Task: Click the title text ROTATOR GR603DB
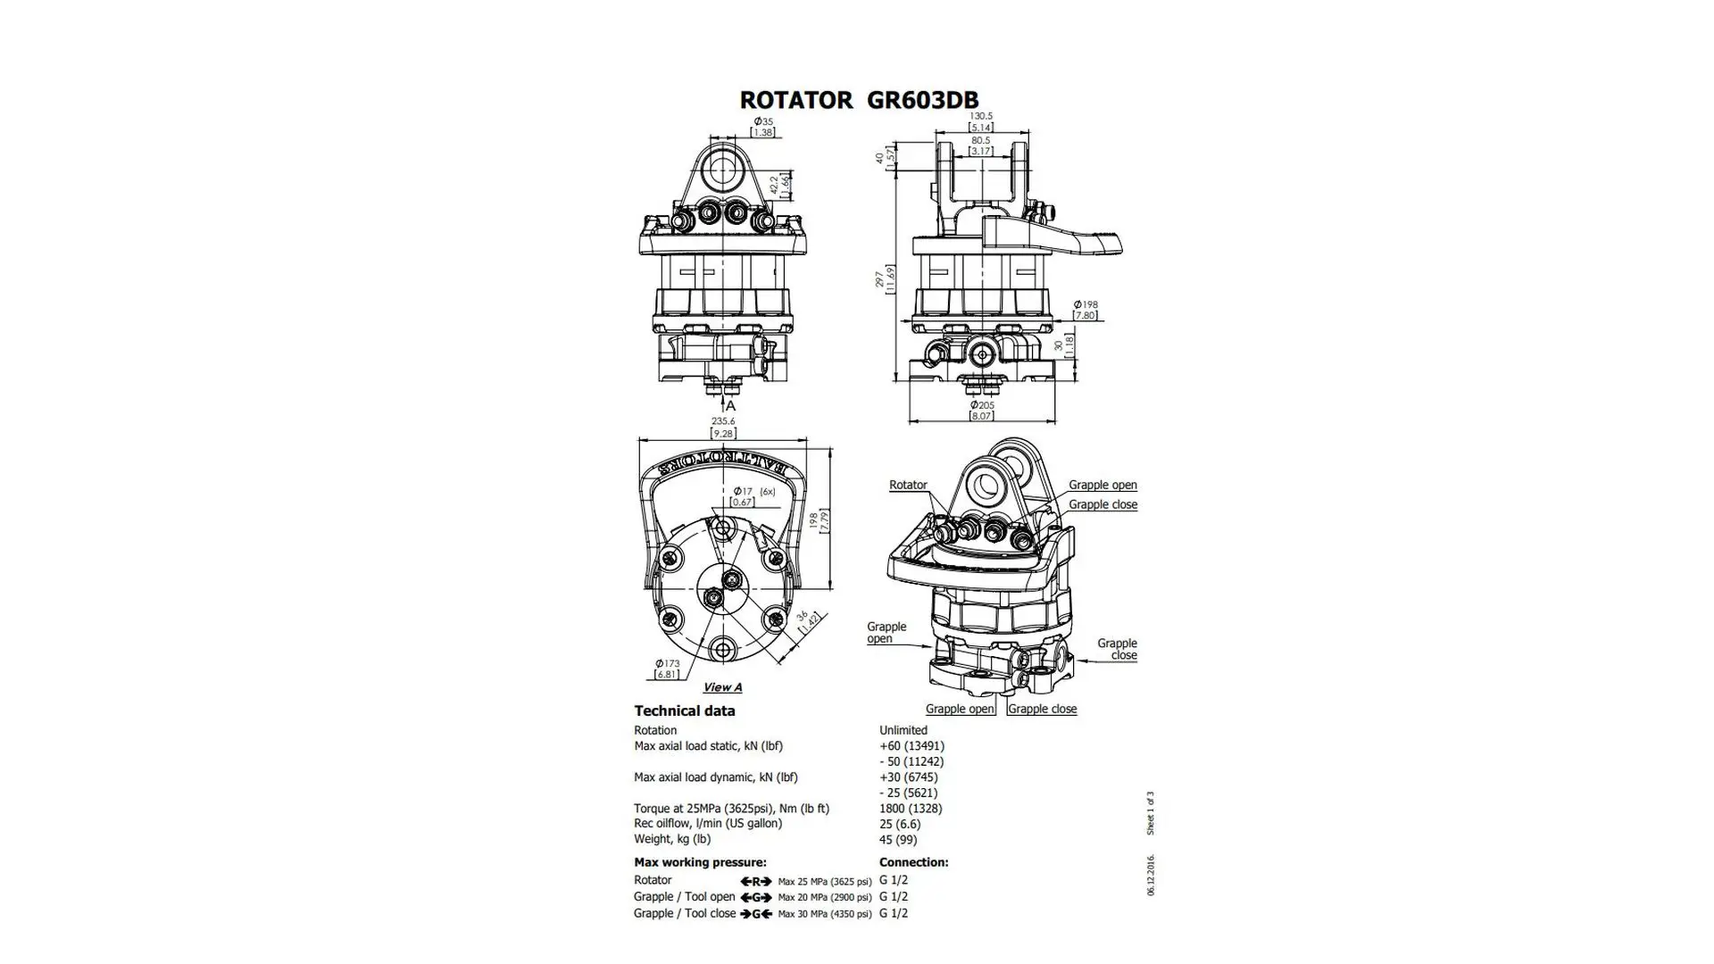(x=859, y=99)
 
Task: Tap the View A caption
(x=722, y=687)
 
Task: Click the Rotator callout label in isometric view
(x=908, y=485)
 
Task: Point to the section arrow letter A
(x=730, y=405)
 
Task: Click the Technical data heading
(x=685, y=711)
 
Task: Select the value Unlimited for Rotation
(x=903, y=730)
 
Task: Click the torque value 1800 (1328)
(x=911, y=808)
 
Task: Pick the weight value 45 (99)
(x=898, y=839)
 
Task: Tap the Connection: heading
(x=913, y=862)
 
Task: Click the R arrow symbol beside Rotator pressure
(x=755, y=881)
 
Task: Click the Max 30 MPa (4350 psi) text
(x=824, y=914)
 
